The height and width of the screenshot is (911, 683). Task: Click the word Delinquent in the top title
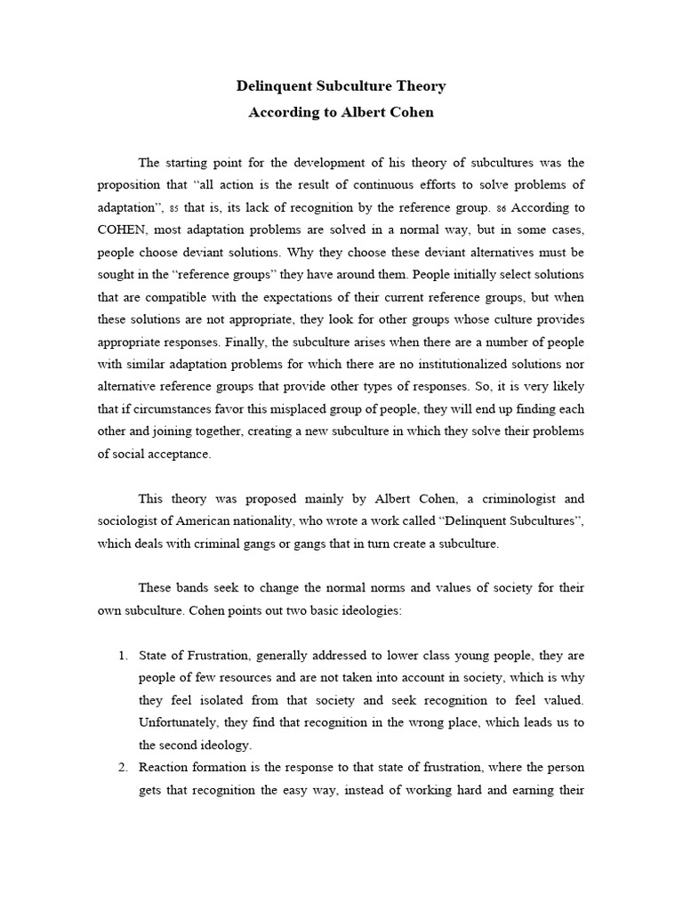click(x=272, y=86)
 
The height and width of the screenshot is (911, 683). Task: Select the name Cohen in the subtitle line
click(x=412, y=113)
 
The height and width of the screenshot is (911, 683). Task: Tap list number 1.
click(x=123, y=655)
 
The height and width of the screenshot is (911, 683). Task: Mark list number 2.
click(x=123, y=767)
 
